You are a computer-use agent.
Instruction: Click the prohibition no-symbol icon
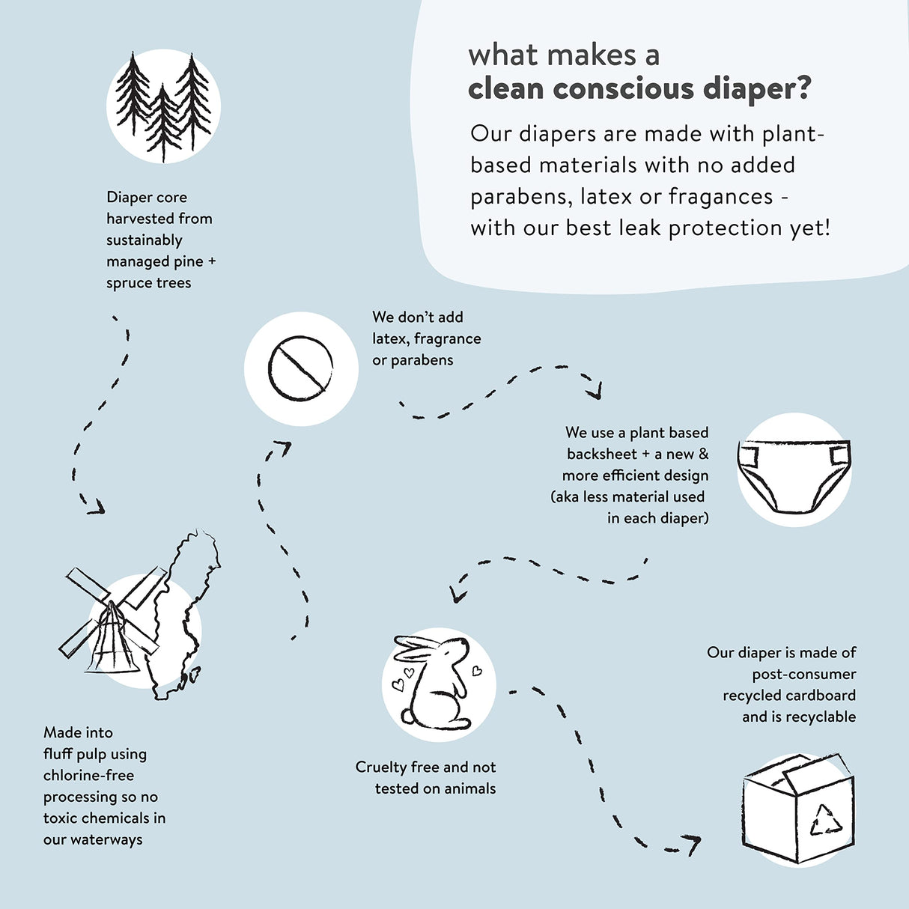click(300, 368)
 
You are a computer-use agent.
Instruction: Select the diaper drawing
click(794, 472)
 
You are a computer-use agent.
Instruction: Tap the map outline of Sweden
click(183, 614)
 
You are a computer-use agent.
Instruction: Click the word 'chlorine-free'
click(88, 776)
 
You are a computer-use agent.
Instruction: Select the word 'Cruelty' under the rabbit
click(381, 767)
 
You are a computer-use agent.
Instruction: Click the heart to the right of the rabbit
click(476, 671)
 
